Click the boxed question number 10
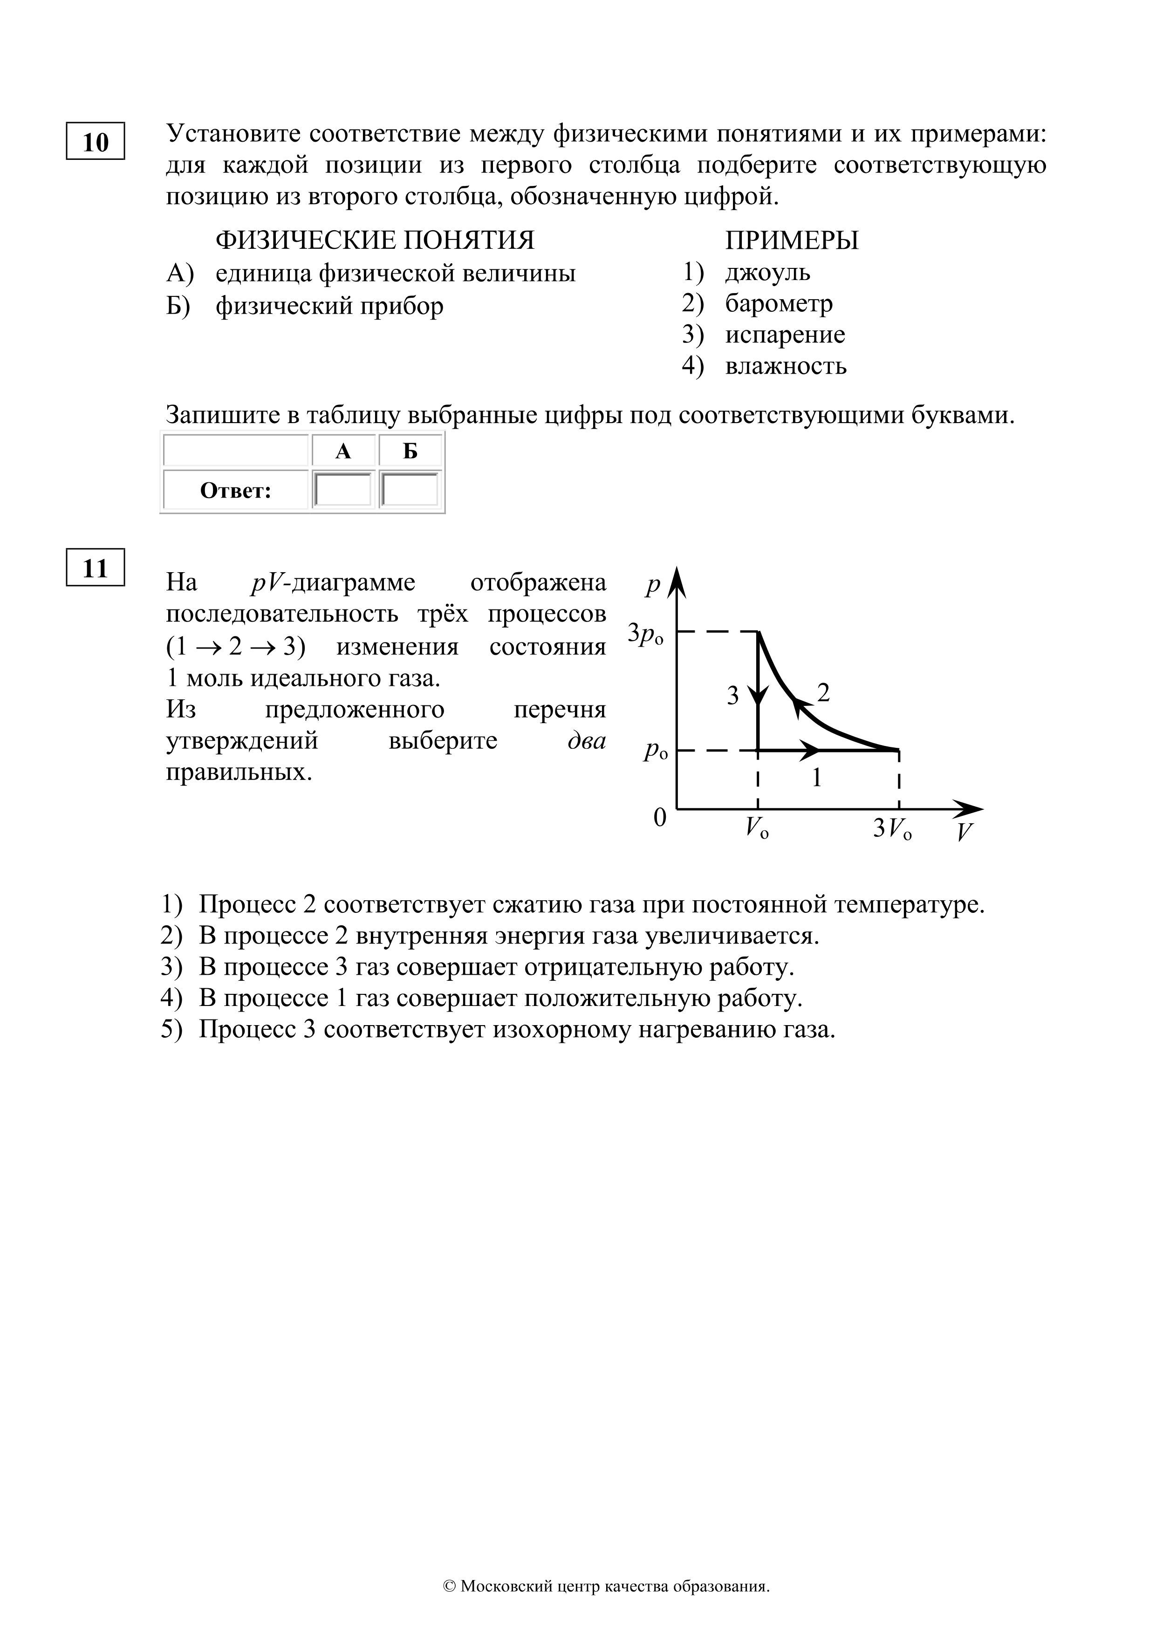96,142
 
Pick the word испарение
785,335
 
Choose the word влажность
786,366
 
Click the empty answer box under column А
343,490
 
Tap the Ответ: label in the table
236,491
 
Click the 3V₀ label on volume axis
892,828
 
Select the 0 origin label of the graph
660,818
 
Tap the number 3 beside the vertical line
733,696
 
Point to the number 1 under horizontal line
817,778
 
